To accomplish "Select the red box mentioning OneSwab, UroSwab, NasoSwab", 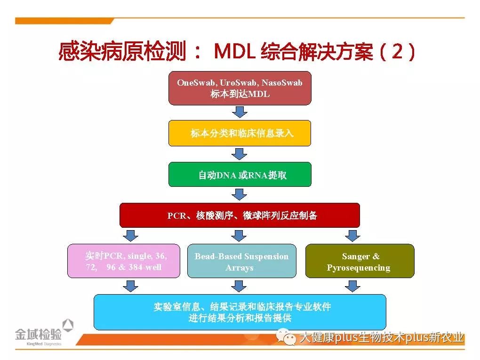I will pyautogui.click(x=240, y=88).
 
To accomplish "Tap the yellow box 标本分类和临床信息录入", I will pyautogui.click(x=240, y=133).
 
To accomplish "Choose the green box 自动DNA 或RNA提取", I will pyautogui.click(x=240, y=175).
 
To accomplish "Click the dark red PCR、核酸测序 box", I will pyautogui.click(x=240, y=216).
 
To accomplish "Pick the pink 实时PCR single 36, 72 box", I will pyautogui.click(x=124, y=261).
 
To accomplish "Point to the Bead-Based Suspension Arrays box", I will pyautogui.click(x=241, y=261).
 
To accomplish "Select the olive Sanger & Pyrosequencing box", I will pyautogui.click(x=360, y=261).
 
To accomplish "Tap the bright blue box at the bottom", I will pyautogui.click(x=240, y=312).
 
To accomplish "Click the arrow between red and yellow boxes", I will pyautogui.click(x=240, y=112).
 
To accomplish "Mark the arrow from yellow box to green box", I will pyautogui.click(x=240, y=154).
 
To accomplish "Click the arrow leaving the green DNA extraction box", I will pyautogui.click(x=240, y=194).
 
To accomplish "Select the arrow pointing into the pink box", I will pyautogui.click(x=130, y=235).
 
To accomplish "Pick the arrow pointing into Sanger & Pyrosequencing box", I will pyautogui.click(x=352, y=235).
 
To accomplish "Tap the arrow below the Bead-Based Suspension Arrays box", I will pyautogui.click(x=240, y=286).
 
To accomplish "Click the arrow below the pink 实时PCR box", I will pyautogui.click(x=130, y=286).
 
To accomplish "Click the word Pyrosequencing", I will pyautogui.click(x=359, y=268).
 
